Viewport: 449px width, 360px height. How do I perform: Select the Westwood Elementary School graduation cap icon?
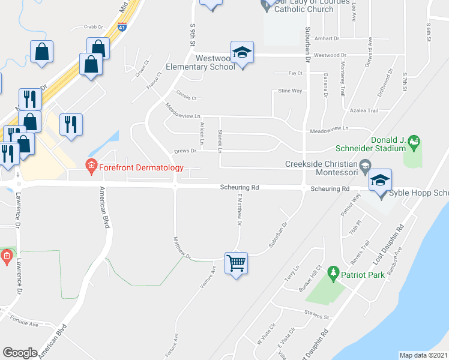(242, 53)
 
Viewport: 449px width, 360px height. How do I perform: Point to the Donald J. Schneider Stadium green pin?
(413, 143)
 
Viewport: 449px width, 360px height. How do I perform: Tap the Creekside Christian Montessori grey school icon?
(364, 165)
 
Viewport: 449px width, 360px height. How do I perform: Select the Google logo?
(20, 352)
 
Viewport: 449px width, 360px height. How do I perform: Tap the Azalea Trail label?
(364, 110)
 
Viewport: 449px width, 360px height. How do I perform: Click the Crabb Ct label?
(94, 26)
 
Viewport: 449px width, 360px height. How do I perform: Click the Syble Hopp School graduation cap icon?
(381, 179)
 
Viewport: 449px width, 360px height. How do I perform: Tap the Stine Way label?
(290, 91)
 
